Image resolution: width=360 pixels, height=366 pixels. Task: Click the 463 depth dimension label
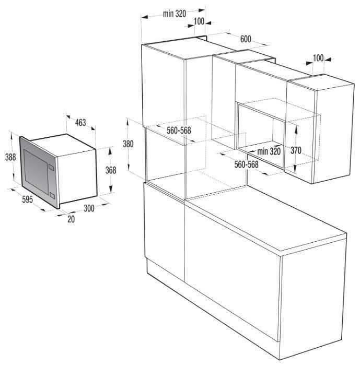coord(80,122)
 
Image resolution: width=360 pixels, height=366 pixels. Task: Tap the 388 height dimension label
coord(10,157)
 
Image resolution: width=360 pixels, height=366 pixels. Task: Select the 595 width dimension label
coord(27,199)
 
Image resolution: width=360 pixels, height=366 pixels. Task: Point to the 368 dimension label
coord(110,170)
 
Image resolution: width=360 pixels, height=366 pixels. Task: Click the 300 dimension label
coord(89,208)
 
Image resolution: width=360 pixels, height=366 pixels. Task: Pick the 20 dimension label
coord(71,219)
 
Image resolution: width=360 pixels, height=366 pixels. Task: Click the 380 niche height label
coord(128,144)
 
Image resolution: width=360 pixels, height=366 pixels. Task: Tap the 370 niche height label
coord(296,150)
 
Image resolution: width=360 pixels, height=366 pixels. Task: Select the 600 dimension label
coord(246,39)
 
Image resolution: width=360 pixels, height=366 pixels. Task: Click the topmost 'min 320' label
coord(175,14)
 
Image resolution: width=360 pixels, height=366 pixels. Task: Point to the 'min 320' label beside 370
coord(269,151)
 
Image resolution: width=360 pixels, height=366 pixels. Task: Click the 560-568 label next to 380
coord(179,130)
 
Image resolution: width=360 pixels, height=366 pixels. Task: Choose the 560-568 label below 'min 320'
coord(246,164)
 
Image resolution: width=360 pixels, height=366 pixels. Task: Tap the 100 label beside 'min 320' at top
coord(199,21)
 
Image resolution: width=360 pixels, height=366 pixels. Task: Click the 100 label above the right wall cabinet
coord(318,58)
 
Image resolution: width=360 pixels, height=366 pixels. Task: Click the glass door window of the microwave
coord(36,171)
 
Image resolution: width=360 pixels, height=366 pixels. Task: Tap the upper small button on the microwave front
coord(51,167)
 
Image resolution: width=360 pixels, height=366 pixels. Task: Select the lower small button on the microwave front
coord(52,196)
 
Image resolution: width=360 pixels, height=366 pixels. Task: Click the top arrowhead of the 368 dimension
coord(110,151)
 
